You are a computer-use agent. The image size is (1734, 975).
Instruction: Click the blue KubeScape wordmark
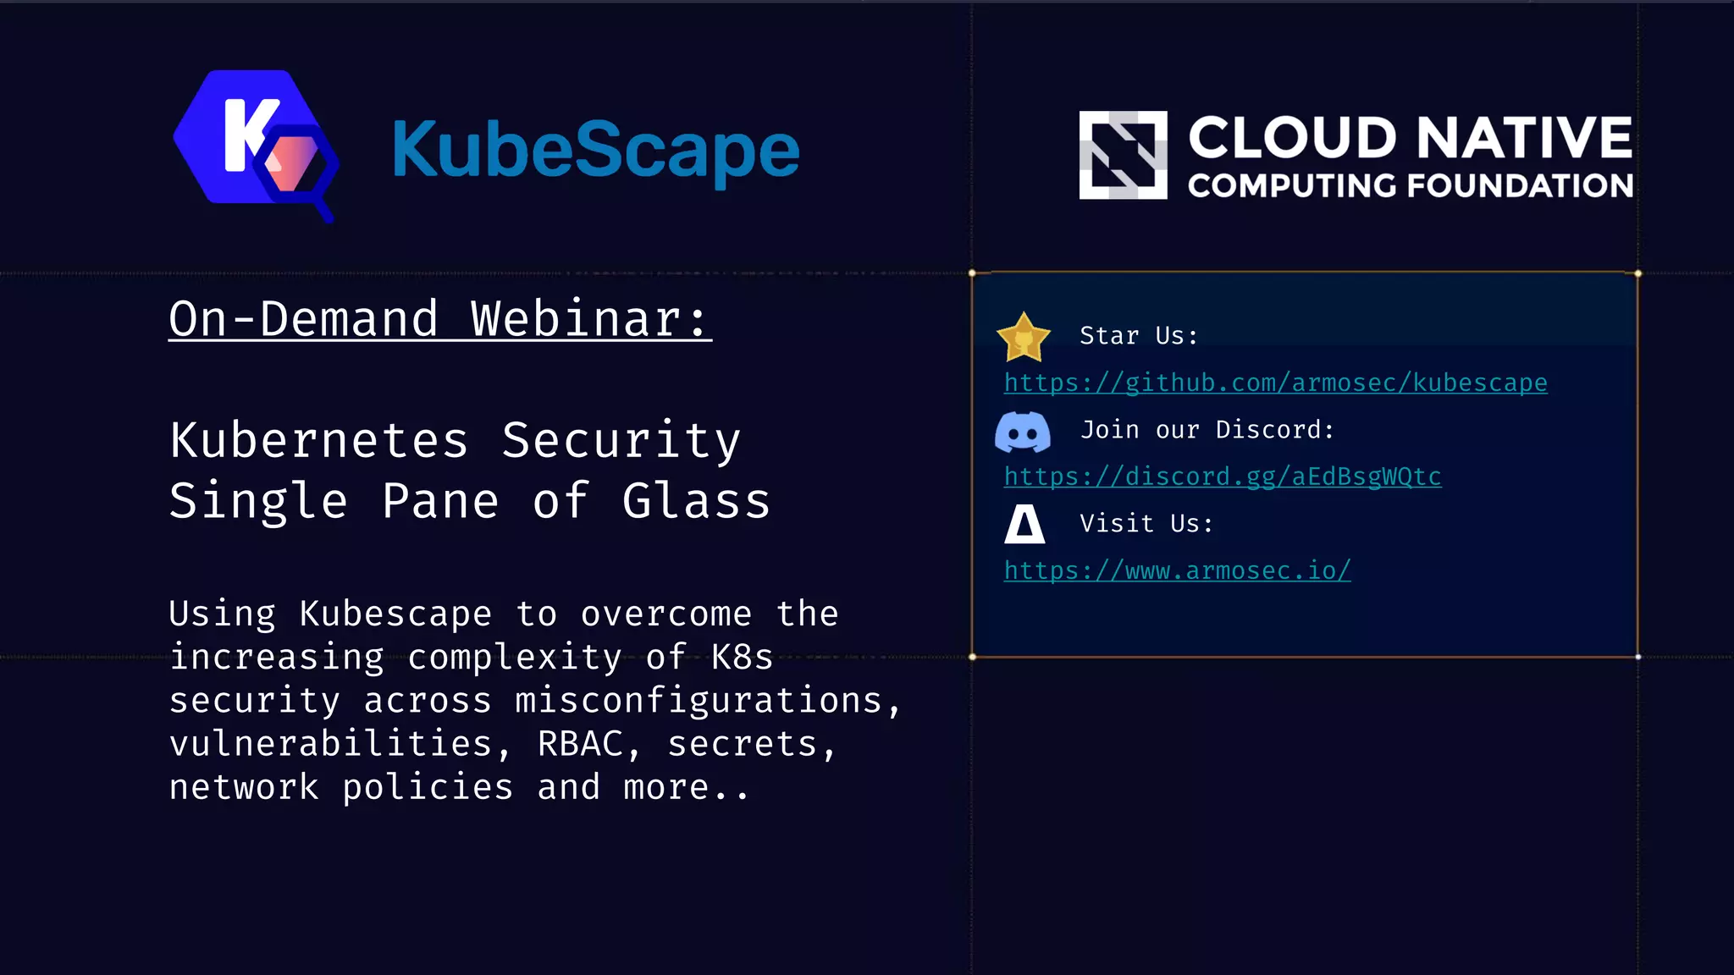(595, 151)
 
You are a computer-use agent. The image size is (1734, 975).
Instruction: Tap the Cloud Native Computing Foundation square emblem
(1123, 155)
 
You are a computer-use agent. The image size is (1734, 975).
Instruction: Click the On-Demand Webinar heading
(439, 319)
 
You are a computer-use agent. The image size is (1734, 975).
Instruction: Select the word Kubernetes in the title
(319, 440)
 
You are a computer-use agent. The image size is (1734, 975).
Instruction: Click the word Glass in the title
(696, 501)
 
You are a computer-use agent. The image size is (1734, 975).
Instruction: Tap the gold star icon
(1023, 337)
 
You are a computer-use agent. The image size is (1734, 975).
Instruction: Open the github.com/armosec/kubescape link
(1275, 383)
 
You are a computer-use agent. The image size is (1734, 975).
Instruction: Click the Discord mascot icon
(1023, 432)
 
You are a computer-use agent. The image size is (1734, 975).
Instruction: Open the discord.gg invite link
(1222, 476)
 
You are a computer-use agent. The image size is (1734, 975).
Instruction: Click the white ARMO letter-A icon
(1024, 524)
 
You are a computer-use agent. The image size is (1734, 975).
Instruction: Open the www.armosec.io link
(1177, 570)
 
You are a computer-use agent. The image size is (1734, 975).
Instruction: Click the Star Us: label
(1139, 336)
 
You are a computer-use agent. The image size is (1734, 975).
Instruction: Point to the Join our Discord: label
(1207, 430)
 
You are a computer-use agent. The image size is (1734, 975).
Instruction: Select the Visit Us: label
(1146, 524)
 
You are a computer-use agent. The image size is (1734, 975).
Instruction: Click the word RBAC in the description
(580, 744)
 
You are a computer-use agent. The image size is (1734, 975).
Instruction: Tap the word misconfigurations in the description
(699, 701)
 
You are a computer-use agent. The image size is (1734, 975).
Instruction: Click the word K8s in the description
(742, 658)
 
